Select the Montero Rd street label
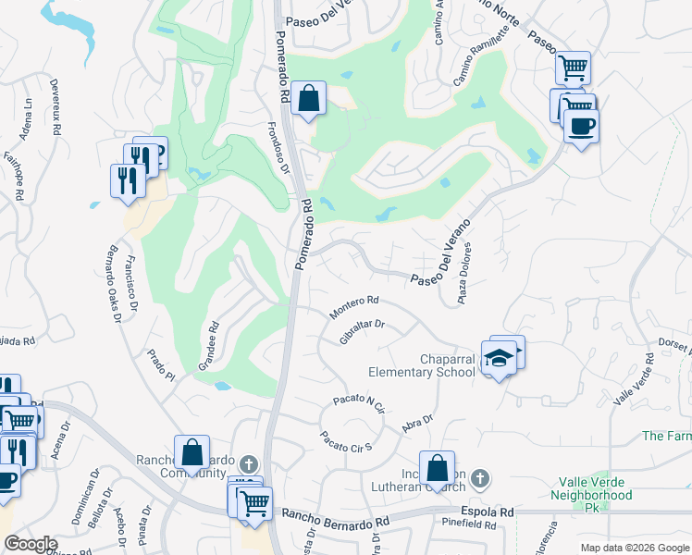(354, 306)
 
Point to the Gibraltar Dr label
(362, 333)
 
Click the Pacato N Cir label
(358, 404)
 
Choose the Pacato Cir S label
(345, 441)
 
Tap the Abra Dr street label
(417, 424)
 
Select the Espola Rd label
(487, 512)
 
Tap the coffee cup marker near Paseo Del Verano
(581, 127)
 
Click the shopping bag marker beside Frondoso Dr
(308, 97)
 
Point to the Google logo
(30, 544)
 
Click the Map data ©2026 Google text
(634, 548)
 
